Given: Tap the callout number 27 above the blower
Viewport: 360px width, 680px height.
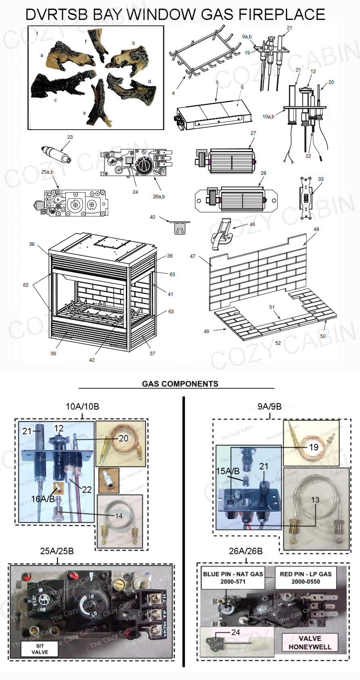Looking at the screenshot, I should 253,133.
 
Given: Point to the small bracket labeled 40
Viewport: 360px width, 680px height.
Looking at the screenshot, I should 180,227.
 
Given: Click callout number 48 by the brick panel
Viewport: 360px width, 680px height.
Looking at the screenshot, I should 316,229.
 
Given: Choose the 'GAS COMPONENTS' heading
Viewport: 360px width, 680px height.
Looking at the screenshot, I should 180,384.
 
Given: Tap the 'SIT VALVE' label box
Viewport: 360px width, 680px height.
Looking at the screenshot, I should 40,649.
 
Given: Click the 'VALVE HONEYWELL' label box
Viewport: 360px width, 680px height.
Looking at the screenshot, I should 310,642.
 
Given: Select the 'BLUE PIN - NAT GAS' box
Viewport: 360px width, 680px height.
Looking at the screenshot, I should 233,577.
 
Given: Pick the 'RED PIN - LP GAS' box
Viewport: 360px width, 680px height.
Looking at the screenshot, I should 306,577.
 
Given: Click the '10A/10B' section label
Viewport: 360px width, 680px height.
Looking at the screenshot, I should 82,407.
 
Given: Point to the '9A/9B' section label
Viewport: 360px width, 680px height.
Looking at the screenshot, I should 269,407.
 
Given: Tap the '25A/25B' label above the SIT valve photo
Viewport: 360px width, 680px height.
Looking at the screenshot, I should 57,551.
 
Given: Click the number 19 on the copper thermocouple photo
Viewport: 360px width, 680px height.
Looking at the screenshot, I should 314,447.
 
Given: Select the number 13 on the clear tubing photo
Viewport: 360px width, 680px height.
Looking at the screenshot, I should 315,500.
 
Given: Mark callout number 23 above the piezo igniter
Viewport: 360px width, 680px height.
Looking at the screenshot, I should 70,137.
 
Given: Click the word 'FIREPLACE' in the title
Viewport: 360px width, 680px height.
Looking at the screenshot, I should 282,15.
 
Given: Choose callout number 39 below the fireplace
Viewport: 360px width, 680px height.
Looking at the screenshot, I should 53,353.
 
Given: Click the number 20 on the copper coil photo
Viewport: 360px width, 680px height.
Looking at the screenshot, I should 123,438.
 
